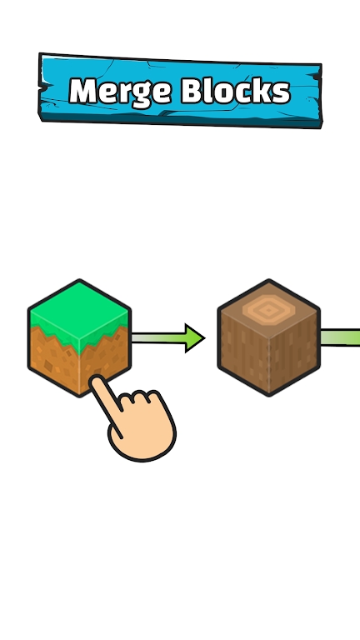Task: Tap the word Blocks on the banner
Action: [x=236, y=90]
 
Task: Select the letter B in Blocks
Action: [x=192, y=90]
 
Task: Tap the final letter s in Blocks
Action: [x=282, y=93]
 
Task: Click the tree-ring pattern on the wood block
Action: [x=268, y=311]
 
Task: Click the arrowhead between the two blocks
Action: [x=194, y=338]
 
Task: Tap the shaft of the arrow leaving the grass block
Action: [x=158, y=338]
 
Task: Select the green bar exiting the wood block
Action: [x=340, y=337]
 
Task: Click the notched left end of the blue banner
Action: [x=43, y=87]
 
